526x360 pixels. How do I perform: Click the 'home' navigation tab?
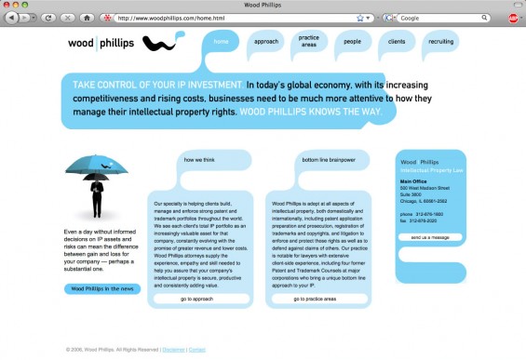pos(221,42)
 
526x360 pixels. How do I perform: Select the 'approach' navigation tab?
pos(265,42)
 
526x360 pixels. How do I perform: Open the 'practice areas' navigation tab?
pos(309,42)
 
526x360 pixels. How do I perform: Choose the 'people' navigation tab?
pos(352,42)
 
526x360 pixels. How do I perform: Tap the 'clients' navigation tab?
pos(396,42)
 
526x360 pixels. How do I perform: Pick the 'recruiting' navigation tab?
pos(440,42)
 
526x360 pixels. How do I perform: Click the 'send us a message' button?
pos(430,237)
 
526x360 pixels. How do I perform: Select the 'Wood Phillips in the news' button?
pos(102,288)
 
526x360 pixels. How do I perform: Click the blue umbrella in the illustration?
pos(97,164)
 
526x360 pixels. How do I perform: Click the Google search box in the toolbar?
pos(447,18)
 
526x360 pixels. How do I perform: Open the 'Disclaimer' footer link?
pos(172,350)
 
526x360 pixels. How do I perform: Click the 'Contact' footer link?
pos(197,350)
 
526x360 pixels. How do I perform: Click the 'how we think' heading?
pos(200,160)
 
